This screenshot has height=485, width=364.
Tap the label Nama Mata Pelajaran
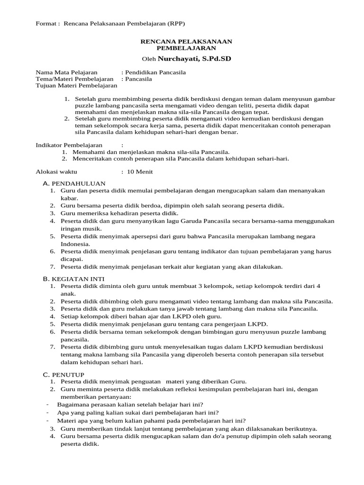[x=66, y=72]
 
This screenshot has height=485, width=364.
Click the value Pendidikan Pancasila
[x=155, y=72]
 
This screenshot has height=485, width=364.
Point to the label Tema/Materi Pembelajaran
[x=75, y=79]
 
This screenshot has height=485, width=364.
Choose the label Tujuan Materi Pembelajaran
[x=76, y=86]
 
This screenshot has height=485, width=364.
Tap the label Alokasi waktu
[x=56, y=171]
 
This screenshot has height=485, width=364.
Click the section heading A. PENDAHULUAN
[x=74, y=183]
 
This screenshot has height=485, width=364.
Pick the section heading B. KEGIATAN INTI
[x=74, y=279]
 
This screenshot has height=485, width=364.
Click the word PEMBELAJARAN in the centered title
[x=186, y=48]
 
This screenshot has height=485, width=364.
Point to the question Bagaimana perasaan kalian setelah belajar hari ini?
[x=130, y=404]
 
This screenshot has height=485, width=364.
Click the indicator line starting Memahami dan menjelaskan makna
[x=151, y=152]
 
